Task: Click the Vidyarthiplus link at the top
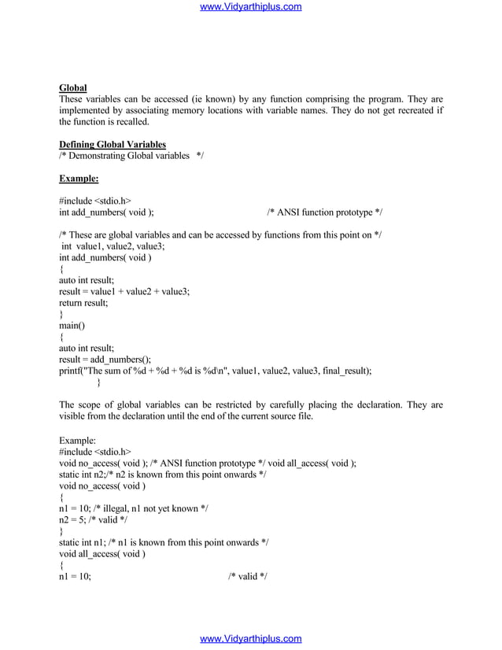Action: [x=251, y=7]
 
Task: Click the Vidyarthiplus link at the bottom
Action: [x=251, y=639]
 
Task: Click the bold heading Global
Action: [x=73, y=87]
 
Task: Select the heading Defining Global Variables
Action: [x=113, y=144]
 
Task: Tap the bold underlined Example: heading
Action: [x=79, y=178]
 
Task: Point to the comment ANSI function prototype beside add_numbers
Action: [x=325, y=212]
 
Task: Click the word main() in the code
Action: [x=72, y=324]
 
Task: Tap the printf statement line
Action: [x=216, y=370]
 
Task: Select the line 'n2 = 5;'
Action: [x=75, y=519]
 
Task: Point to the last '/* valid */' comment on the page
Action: [x=247, y=576]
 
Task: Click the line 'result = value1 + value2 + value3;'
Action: [x=124, y=290]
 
